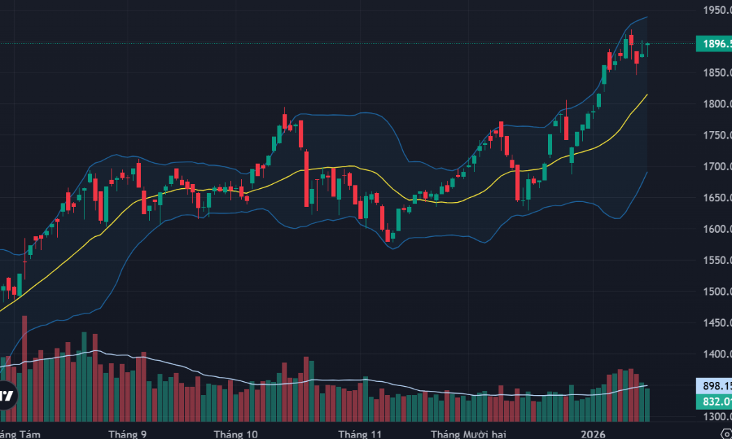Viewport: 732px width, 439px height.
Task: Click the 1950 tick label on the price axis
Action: [x=717, y=10]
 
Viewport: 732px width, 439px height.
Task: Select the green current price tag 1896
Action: [x=713, y=45]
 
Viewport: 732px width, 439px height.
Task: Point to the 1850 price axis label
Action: [x=717, y=73]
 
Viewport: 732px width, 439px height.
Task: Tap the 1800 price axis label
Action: [x=717, y=105]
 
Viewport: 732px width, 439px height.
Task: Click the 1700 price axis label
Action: [x=717, y=167]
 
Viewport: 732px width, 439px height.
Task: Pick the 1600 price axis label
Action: [x=717, y=229]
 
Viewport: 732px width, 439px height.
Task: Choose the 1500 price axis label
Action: [x=717, y=291]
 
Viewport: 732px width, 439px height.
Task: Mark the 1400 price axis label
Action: [x=717, y=354]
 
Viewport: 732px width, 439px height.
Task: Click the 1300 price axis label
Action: [x=717, y=417]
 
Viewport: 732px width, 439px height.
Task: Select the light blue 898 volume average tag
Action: [x=713, y=385]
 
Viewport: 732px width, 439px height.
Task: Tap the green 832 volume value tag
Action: [x=713, y=401]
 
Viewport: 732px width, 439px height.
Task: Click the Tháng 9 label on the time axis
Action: [x=128, y=433]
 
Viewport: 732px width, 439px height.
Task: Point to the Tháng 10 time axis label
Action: [x=236, y=433]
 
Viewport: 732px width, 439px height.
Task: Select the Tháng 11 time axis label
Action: [x=360, y=433]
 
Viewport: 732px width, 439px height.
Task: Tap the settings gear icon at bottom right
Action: [x=726, y=433]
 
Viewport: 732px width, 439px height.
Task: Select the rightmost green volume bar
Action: [x=648, y=405]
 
